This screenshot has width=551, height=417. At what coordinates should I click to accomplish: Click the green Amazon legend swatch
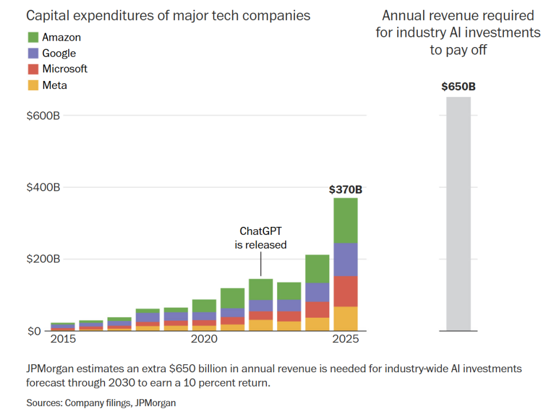point(33,37)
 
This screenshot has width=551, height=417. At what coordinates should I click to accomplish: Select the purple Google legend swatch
point(33,53)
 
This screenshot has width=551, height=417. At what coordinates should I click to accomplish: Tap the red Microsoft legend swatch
point(33,69)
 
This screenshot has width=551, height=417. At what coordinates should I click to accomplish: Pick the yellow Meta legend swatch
point(33,85)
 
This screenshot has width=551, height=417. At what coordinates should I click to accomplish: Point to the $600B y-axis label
point(43,115)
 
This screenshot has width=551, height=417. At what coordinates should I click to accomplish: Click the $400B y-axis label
point(43,187)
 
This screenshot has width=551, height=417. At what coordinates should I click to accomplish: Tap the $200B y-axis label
point(43,259)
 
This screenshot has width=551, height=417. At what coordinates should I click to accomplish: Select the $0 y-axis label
point(34,331)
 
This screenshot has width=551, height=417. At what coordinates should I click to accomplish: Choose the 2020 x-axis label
point(204,339)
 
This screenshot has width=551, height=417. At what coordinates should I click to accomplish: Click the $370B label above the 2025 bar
point(346,190)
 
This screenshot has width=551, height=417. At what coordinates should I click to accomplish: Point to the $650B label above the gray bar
point(458,87)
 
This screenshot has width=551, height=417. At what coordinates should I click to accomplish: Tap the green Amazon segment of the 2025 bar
point(346,221)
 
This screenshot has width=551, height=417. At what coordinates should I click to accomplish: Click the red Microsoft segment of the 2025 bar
point(346,292)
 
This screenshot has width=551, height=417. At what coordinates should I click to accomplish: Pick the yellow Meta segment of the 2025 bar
point(346,319)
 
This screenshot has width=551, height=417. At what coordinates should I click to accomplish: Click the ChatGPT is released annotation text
point(261,238)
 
